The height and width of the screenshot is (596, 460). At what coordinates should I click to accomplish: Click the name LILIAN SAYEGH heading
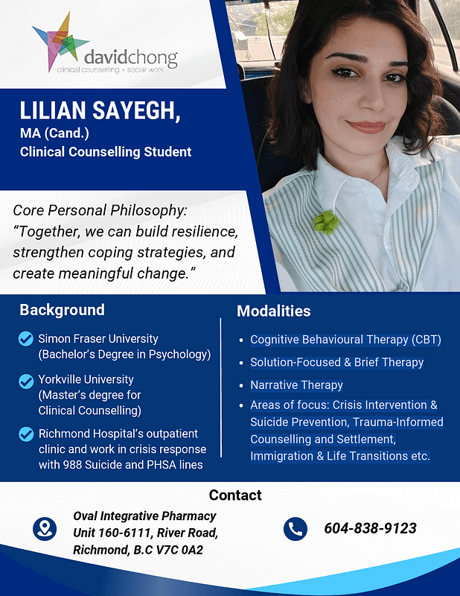100,112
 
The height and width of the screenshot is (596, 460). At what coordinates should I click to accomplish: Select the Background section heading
62,310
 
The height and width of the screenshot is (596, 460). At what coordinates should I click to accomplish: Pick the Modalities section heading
273,311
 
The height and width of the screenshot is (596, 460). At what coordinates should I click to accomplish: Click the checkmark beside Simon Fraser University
26,340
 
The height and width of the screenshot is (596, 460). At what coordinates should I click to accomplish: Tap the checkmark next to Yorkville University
26,381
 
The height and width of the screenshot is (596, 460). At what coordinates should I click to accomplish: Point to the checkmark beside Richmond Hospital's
26,434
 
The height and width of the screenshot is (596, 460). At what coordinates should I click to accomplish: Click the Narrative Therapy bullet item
296,385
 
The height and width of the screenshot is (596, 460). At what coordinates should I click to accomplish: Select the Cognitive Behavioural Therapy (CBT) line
345,340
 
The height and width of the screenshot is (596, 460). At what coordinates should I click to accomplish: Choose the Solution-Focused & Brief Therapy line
336,362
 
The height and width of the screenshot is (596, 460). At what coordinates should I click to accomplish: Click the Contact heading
235,495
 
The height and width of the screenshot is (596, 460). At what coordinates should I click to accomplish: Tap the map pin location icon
45,529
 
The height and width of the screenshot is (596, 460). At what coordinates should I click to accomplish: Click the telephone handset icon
296,529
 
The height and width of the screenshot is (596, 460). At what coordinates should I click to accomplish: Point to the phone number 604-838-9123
370,529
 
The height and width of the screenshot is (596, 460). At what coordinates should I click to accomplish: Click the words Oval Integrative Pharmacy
144,516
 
